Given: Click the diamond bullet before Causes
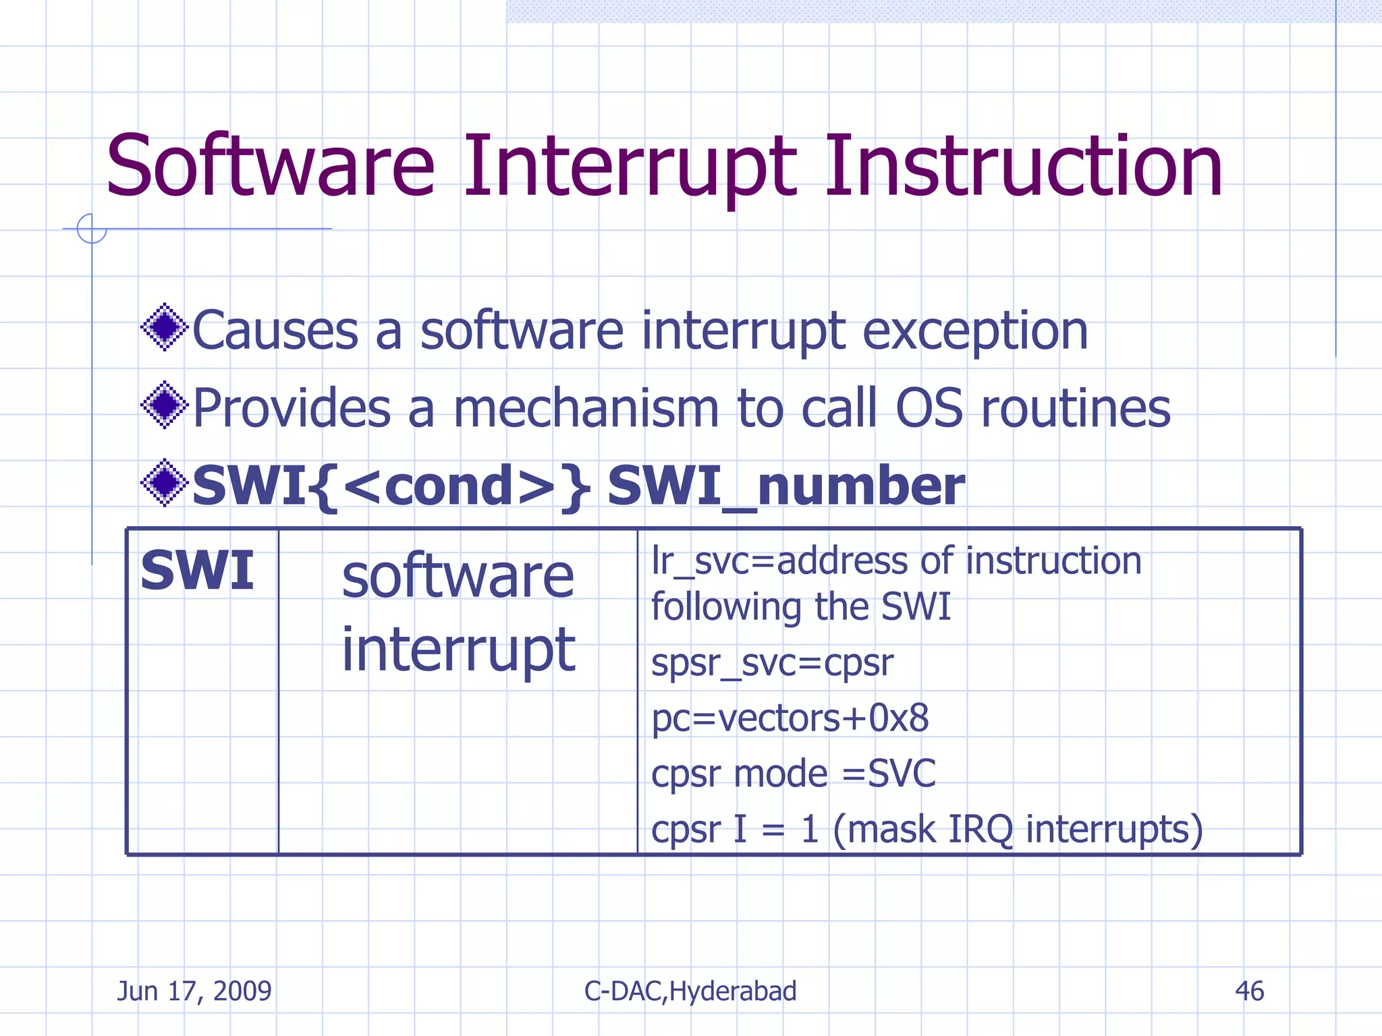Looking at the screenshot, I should (164, 328).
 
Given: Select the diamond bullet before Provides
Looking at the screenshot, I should (164, 405).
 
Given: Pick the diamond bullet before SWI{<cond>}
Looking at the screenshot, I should (164, 483).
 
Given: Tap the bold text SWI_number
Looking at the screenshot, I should (785, 486).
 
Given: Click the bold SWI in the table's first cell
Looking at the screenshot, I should (197, 571).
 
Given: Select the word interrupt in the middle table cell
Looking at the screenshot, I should (458, 649).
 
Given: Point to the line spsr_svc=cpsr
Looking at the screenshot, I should (771, 662).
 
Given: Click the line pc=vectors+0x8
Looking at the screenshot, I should (790, 718).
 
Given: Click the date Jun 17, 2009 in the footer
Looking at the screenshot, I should (194, 991).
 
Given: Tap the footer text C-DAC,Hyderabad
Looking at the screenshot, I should (690, 991).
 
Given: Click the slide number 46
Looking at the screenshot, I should (1249, 991).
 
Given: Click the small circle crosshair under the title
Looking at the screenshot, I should (92, 229).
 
